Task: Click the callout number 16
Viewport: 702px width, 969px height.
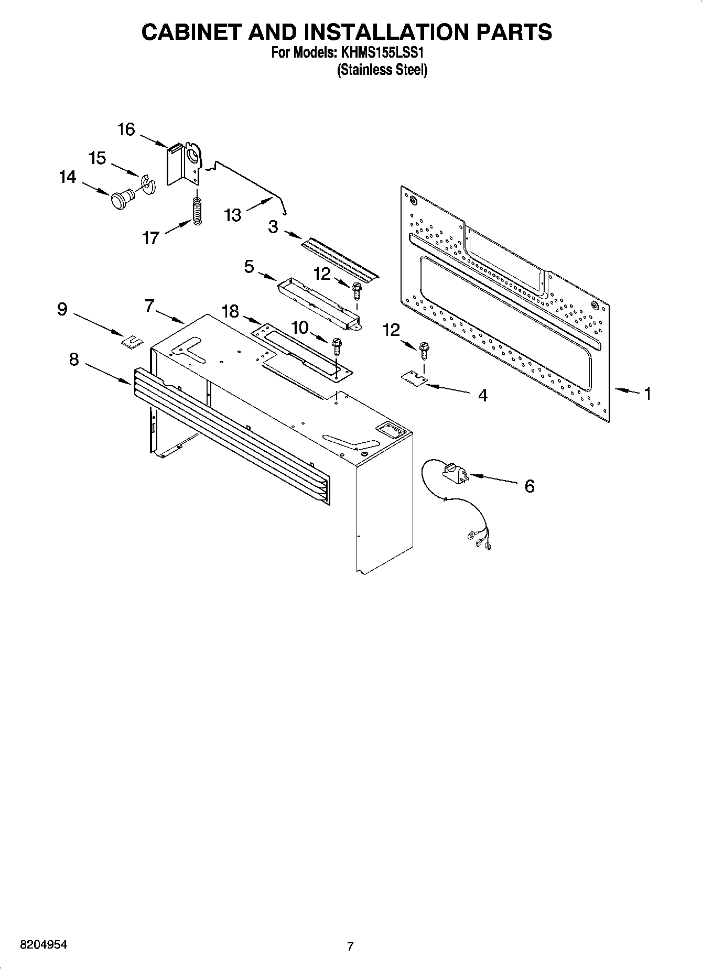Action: [x=126, y=129]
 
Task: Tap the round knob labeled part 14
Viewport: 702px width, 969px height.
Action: [x=122, y=200]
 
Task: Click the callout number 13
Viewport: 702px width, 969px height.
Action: [x=232, y=215]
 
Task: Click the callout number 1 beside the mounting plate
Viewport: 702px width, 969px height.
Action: [x=647, y=393]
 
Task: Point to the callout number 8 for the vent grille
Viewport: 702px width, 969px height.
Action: [x=74, y=360]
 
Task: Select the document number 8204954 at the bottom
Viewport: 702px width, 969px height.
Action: [x=44, y=944]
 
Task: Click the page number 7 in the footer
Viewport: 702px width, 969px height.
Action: [x=350, y=946]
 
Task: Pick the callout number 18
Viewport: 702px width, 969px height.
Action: [x=230, y=311]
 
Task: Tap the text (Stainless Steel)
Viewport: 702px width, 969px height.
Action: [x=382, y=70]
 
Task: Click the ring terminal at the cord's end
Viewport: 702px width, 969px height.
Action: [x=470, y=536]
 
